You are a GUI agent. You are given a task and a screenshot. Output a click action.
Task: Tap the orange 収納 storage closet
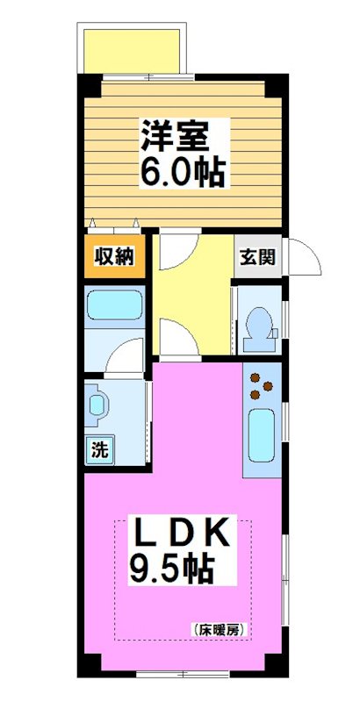114,257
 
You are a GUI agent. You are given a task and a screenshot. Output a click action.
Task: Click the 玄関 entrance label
258,257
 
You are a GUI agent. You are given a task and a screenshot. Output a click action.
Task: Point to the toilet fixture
259,324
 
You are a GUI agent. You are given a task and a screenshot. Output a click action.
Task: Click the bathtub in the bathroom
115,307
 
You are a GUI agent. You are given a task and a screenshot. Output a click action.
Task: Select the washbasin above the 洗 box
97,405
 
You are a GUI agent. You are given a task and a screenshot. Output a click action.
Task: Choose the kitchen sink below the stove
262,434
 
